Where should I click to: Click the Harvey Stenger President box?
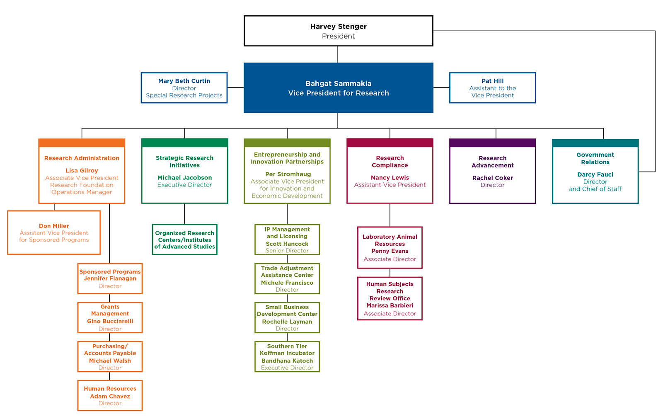(338, 31)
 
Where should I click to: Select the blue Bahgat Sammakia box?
(338, 88)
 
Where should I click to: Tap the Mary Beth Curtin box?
(184, 88)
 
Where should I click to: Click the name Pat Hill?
(492, 81)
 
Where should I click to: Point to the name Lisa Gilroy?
(82, 171)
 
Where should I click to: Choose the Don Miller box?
(54, 232)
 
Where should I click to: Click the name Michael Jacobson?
(184, 178)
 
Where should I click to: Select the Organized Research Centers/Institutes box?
(184, 239)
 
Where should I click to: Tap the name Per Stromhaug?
(288, 174)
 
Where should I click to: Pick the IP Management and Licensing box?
(287, 239)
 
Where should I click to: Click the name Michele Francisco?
(287, 283)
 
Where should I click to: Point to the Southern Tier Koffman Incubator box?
(287, 356)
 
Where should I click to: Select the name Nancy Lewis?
(390, 178)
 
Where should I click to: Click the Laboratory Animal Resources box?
(390, 247)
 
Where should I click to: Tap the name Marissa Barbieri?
(390, 305)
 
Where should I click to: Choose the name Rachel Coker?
(492, 178)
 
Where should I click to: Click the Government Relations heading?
(595, 158)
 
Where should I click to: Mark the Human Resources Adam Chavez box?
(110, 395)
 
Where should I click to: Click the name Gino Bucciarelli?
(110, 321)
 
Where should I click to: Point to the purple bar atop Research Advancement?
(492, 143)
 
